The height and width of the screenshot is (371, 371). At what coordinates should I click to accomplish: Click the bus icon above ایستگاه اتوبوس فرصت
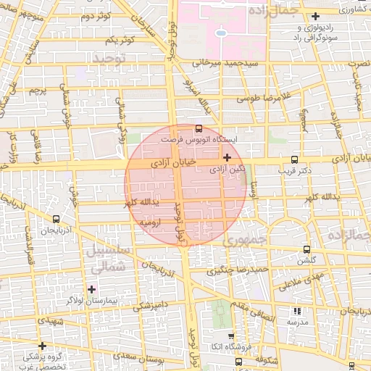click(199, 128)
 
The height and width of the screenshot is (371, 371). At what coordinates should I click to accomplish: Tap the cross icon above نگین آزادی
click(228, 157)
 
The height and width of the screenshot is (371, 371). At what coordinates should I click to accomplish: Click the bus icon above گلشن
click(307, 249)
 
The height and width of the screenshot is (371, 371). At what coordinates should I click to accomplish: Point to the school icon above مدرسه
click(298, 310)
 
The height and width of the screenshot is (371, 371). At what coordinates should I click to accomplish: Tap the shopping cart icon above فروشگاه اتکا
click(231, 336)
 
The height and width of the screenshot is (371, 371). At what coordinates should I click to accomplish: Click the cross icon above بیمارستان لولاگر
click(91, 289)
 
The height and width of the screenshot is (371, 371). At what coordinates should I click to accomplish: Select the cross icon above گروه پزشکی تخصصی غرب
click(42, 346)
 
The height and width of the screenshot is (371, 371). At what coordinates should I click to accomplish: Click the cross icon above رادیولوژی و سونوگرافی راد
click(315, 16)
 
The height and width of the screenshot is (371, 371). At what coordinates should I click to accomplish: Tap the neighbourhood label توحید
click(110, 56)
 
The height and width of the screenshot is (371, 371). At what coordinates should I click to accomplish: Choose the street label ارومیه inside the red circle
click(149, 225)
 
